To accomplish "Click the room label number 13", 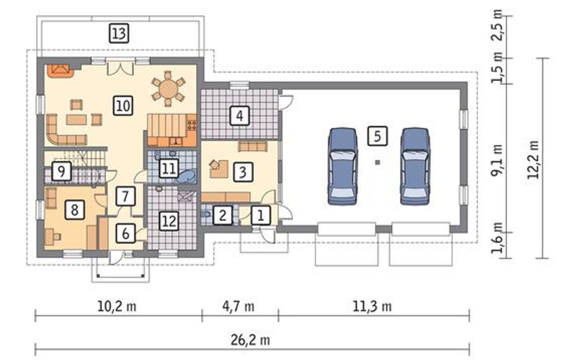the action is tap(119, 33).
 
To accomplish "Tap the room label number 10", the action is tap(123, 106).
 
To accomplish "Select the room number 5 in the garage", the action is tap(377, 136).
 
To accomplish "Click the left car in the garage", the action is tap(343, 166).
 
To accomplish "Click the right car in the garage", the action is tap(415, 166).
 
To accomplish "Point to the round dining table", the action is tap(168, 88).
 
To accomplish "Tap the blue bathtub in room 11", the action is tap(186, 176).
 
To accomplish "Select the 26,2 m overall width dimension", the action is tap(250, 340).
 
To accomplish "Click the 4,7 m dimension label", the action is tap(238, 307).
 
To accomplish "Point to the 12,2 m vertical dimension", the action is tap(533, 160).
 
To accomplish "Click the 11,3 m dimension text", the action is tap(372, 307).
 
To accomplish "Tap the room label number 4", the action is tap(240, 116).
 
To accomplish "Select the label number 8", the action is tap(74, 210).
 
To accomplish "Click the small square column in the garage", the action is tap(377, 162).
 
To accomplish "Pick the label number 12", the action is tap(169, 221).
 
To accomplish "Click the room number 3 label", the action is tap(243, 172).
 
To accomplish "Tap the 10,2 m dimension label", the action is tap(117, 307).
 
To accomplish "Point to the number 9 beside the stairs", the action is tap(61, 171).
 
